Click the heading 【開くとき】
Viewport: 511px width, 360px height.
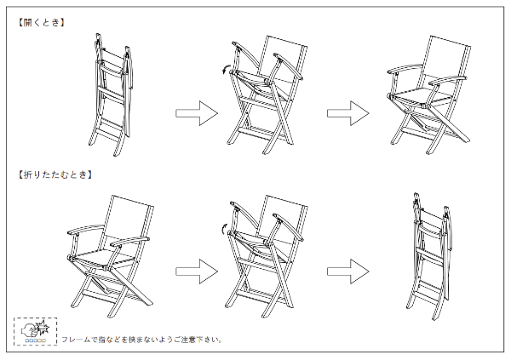click(42, 23)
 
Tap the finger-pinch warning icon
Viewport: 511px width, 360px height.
click(36, 331)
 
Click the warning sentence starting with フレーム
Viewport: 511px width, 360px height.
click(141, 340)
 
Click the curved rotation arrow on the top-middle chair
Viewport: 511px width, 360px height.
click(225, 71)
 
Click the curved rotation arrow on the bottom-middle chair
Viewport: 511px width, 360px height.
click(225, 227)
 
